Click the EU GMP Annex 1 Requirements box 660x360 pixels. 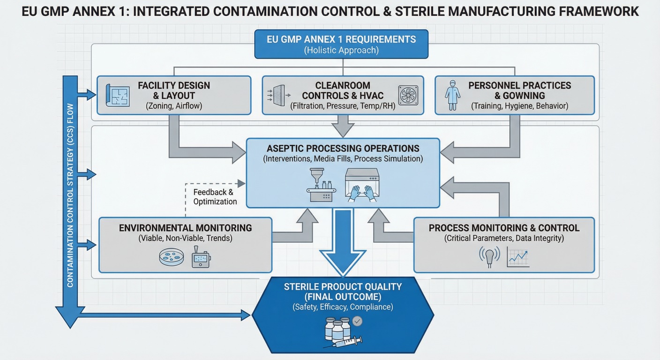pyautogui.click(x=341, y=44)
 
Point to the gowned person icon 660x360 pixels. pyautogui.click(x=453, y=95)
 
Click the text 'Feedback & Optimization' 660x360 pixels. pyautogui.click(x=215, y=197)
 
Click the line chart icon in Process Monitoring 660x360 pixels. pyautogui.click(x=517, y=258)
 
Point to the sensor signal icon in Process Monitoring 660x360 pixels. pyautogui.click(x=489, y=257)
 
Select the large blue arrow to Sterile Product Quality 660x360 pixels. pyautogui.click(x=343, y=242)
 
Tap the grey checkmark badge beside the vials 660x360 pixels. pyautogui.click(x=358, y=321)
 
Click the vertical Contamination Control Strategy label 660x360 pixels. pyautogui.click(x=70, y=195)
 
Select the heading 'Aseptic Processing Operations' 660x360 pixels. pyautogui.click(x=343, y=148)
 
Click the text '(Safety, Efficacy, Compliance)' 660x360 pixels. pyautogui.click(x=343, y=307)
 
